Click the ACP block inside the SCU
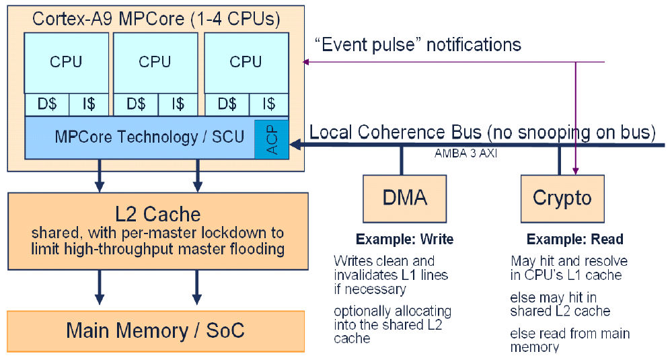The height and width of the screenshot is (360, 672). click(271, 139)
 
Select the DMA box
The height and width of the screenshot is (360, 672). click(404, 199)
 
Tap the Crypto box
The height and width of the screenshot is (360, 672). click(562, 199)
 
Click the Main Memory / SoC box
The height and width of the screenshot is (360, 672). click(156, 331)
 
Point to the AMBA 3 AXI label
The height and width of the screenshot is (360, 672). click(465, 153)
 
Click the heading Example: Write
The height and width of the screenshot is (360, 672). click(404, 239)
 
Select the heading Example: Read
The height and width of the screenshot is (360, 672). click(574, 239)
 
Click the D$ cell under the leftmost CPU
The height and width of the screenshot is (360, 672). click(46, 104)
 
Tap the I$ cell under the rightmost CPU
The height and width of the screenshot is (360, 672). click(268, 104)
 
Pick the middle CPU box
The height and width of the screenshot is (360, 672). click(155, 63)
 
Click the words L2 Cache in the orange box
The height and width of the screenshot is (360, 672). click(158, 214)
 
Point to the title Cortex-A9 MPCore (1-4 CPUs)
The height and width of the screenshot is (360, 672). click(156, 18)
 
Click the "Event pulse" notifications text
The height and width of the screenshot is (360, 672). click(418, 44)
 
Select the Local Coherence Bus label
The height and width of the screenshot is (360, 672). click(482, 133)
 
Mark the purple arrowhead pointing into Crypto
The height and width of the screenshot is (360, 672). click(576, 172)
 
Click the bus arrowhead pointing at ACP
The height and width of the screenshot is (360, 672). click(295, 145)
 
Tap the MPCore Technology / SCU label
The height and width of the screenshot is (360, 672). click(149, 137)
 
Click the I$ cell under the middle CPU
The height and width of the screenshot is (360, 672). click(178, 104)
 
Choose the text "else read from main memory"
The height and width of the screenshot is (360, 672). click(570, 340)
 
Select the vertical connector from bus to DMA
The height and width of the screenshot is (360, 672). click(402, 160)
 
